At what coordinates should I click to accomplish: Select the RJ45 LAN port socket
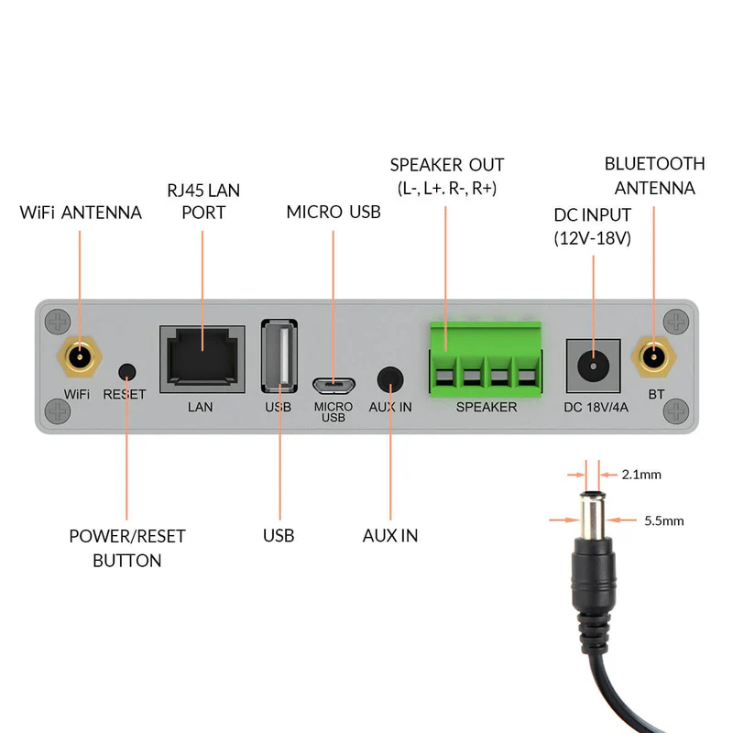pyautogui.click(x=202, y=356)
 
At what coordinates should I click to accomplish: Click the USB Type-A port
pyautogui.click(x=279, y=356)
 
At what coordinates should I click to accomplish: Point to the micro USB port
pyautogui.click(x=334, y=383)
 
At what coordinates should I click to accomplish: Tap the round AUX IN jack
pyautogui.click(x=391, y=378)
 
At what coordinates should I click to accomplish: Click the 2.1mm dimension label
pyautogui.click(x=640, y=475)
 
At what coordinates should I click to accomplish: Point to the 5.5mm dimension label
pyautogui.click(x=664, y=520)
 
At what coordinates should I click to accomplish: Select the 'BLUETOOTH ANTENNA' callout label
pyautogui.click(x=654, y=176)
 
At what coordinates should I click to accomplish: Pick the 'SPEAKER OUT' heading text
pyautogui.click(x=447, y=166)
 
